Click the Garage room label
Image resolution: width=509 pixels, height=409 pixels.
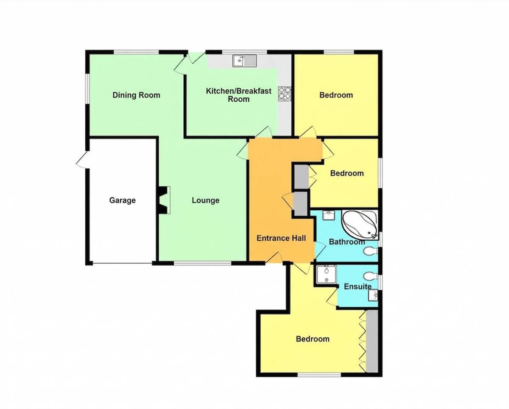pos(122,200)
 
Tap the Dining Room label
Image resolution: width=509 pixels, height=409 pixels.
pos(136,95)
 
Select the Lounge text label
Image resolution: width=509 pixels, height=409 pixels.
pos(206,200)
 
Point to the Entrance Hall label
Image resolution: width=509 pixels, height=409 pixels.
pos(281,238)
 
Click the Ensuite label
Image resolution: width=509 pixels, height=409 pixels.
pos(358,287)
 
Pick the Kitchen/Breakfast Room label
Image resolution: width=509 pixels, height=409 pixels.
pos(239,95)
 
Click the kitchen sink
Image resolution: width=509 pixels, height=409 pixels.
pos(244,61)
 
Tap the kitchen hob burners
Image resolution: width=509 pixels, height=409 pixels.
pos(285,94)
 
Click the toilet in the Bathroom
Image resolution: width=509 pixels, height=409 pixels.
pos(370,251)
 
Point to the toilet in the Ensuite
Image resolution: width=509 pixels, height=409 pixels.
pos(370,275)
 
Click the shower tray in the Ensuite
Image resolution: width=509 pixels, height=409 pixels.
pos(327,274)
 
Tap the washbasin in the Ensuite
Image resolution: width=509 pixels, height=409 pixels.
pos(373,295)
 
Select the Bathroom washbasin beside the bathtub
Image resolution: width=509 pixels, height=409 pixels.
pos(328,215)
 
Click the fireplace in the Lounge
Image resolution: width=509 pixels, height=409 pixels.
pos(164,200)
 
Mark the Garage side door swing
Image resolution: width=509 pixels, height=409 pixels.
pos(82,160)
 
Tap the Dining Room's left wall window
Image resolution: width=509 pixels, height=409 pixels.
pos(87,89)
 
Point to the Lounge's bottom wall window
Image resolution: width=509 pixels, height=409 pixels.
pos(202,263)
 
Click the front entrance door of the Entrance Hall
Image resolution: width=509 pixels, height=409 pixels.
pos(274,258)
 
